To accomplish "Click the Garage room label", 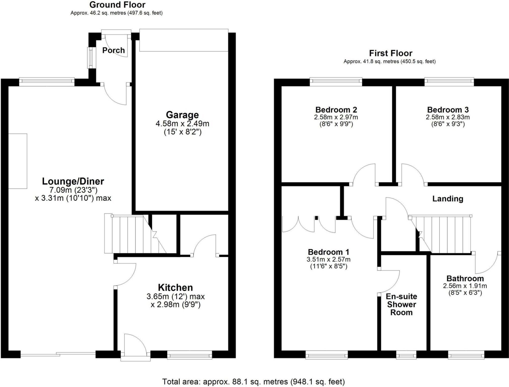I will [182, 115].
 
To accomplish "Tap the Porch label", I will [114, 50].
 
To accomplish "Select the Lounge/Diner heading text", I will [73, 182].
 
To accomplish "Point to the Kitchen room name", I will [175, 288].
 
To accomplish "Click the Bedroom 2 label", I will [336, 110].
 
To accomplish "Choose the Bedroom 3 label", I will [448, 110].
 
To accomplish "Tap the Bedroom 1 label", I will [328, 252].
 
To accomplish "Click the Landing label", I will [448, 199].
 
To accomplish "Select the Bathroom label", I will [465, 279].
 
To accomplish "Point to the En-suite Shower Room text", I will [401, 305].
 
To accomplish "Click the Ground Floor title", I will [117, 5].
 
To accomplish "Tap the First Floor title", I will [391, 53].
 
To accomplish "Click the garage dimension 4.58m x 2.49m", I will [182, 124].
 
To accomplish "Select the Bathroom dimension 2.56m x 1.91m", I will [465, 286].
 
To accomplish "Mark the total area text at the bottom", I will [253, 382].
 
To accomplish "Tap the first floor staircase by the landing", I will [443, 234].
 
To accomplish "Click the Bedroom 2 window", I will [336, 81].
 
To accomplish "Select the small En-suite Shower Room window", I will [406, 355].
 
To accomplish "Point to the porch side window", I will [90, 58].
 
